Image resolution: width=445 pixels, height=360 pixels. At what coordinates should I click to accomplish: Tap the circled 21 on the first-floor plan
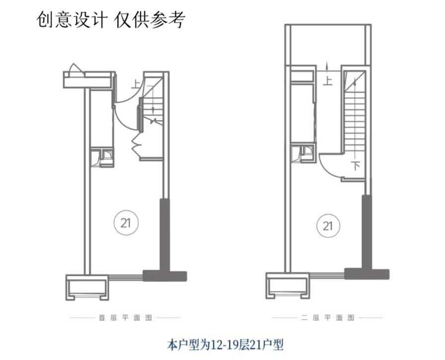tap(125, 223)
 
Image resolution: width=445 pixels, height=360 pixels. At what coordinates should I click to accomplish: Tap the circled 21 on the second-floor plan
tap(328, 226)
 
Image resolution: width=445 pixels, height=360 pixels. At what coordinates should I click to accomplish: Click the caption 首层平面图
tap(125, 317)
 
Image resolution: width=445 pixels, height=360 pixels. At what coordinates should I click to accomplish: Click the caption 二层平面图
tap(327, 317)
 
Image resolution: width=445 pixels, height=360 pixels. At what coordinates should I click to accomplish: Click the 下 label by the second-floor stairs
tap(356, 166)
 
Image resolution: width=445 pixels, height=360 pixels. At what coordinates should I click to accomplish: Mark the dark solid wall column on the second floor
tap(367, 233)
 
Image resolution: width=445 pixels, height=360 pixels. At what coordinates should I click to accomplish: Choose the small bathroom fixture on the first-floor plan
tap(106, 157)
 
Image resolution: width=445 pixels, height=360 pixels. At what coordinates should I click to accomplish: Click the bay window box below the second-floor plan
tap(288, 288)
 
